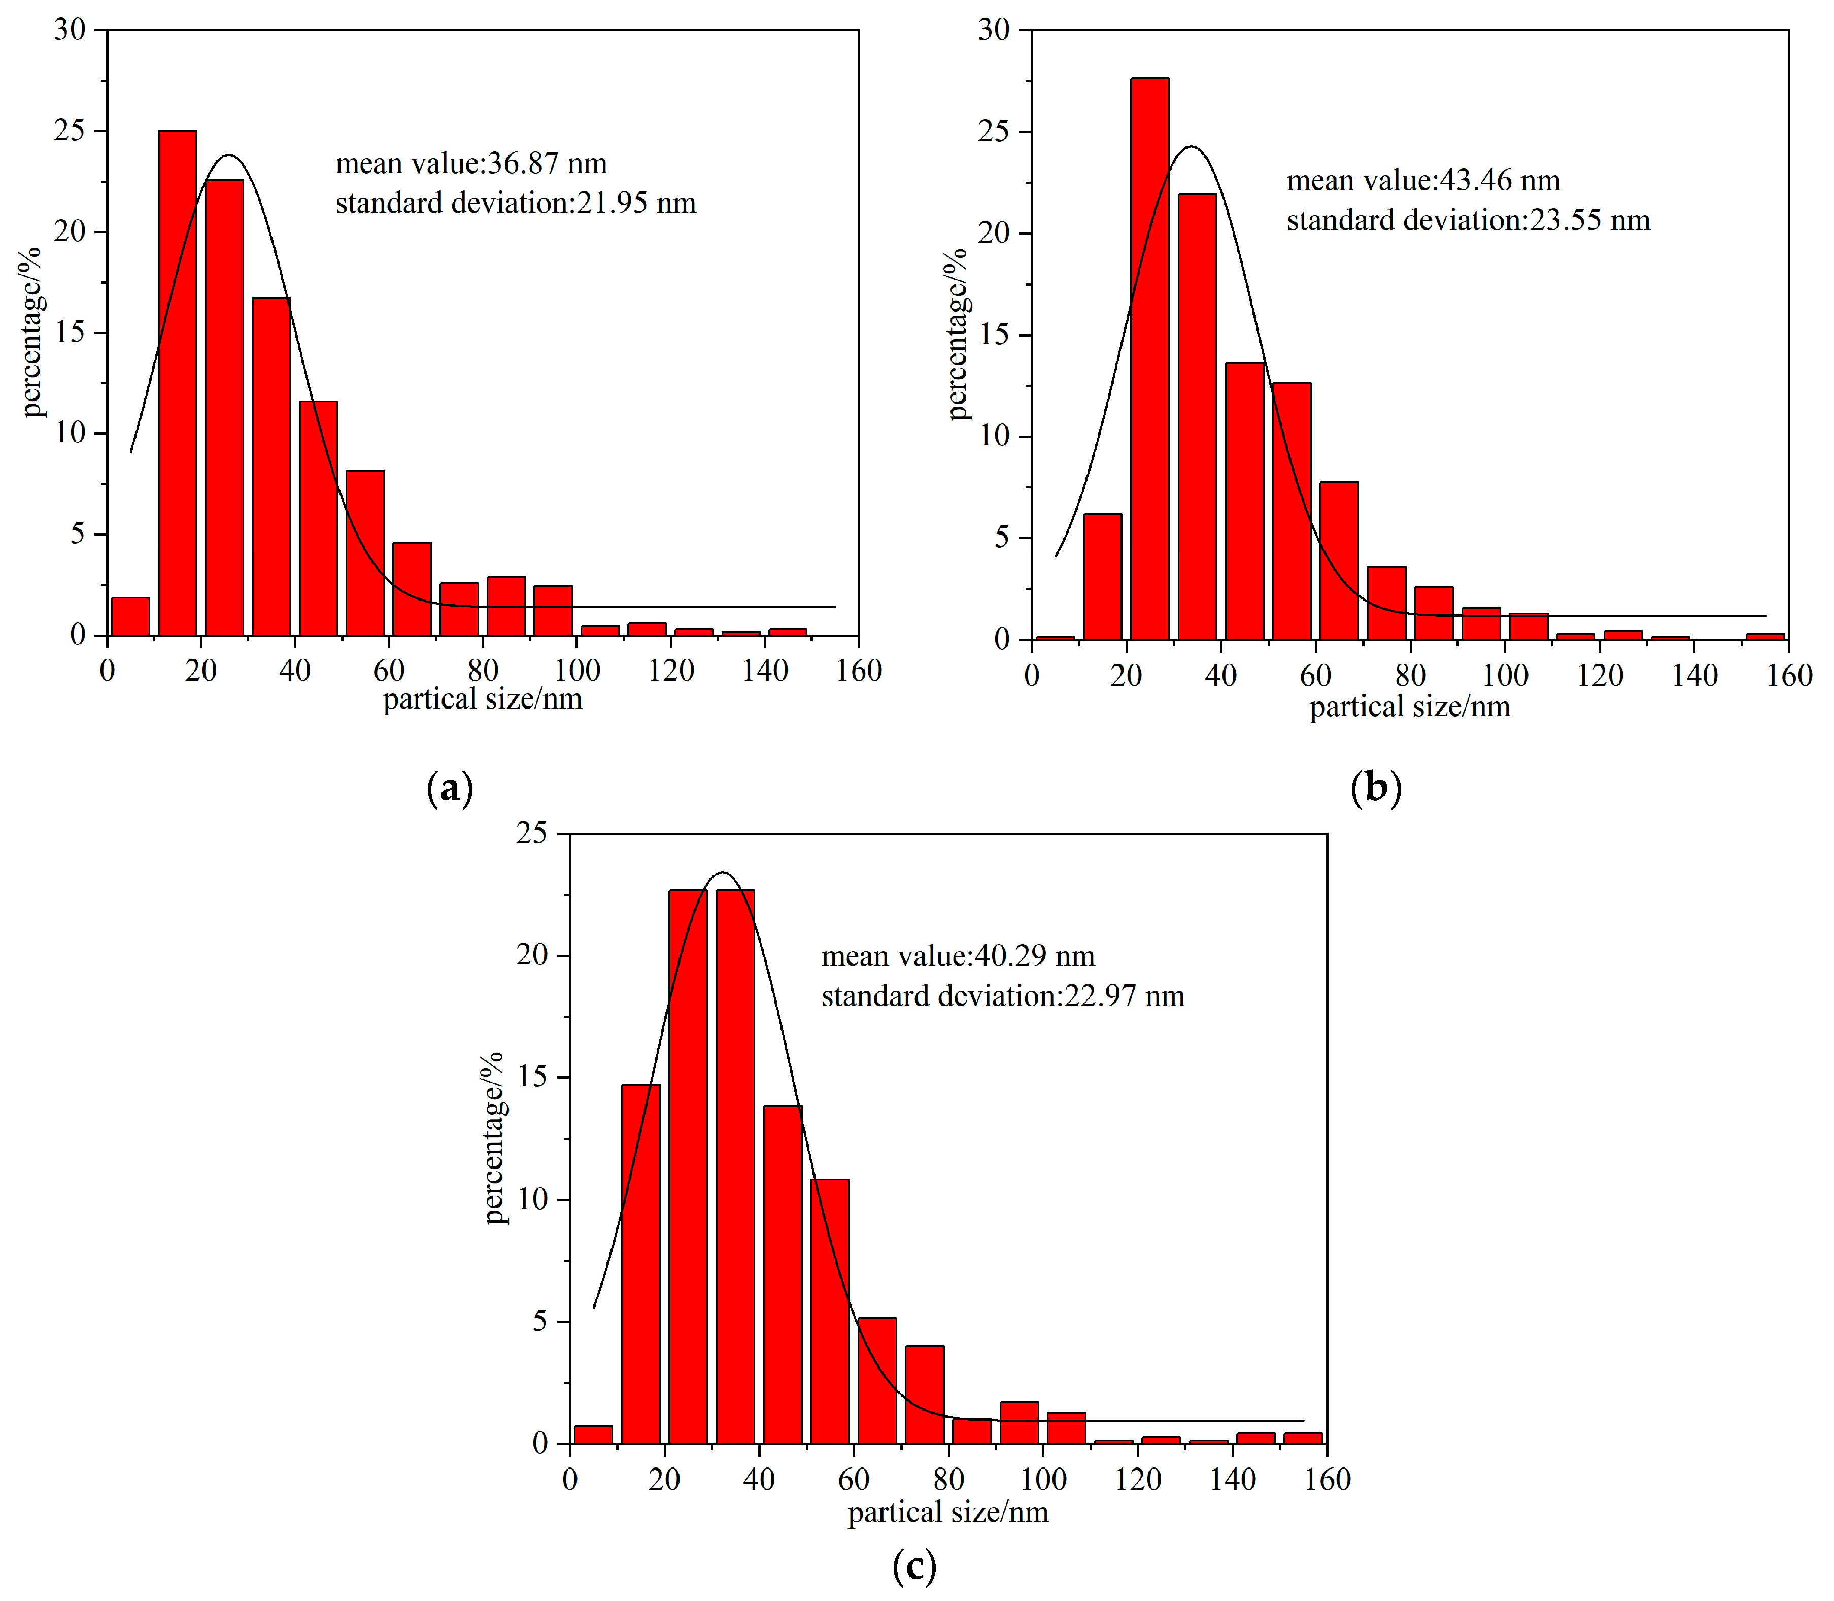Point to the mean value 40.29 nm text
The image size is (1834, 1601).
958,957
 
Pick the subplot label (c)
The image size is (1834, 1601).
914,1566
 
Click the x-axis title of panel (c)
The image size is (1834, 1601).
948,1513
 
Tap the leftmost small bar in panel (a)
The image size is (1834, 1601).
130,616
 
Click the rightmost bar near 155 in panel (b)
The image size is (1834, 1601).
1764,636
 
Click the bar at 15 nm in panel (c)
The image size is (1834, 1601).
640,1263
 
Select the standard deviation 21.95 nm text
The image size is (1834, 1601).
516,204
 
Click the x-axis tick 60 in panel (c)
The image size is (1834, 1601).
854,1480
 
